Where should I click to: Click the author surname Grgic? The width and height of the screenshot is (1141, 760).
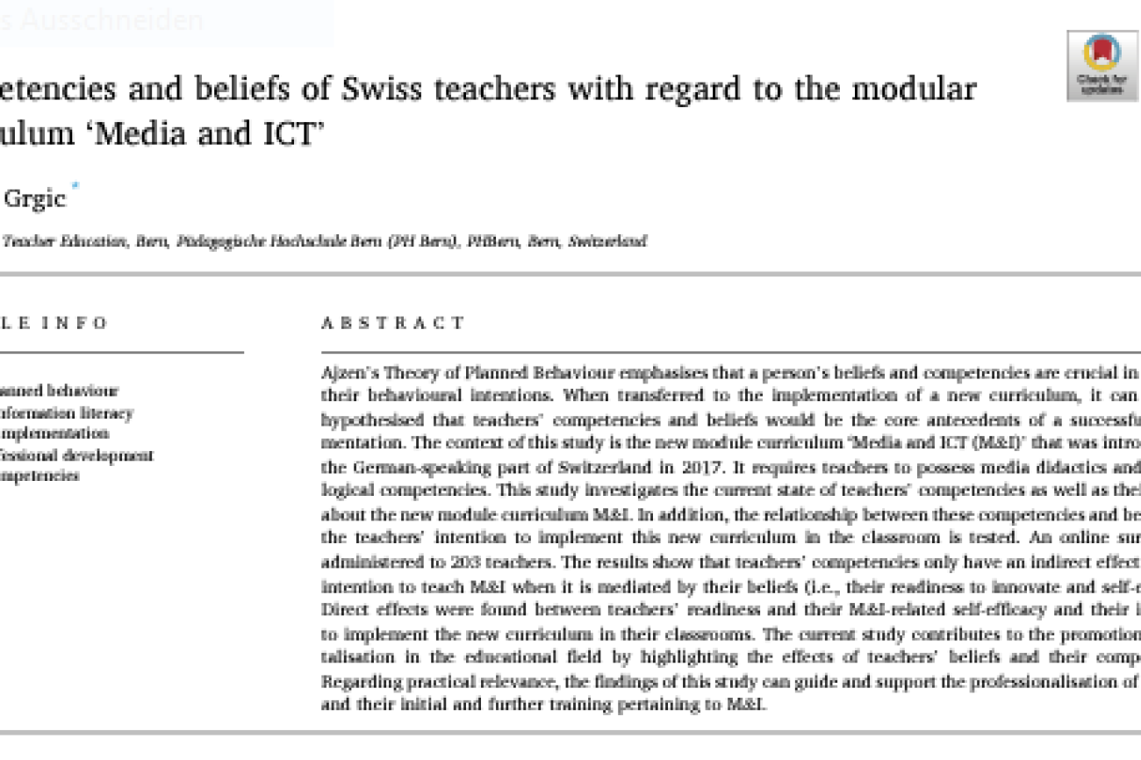coord(35,198)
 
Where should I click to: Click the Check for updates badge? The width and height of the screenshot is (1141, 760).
coord(1101,65)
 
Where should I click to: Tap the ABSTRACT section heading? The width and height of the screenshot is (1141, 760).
coord(392,323)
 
